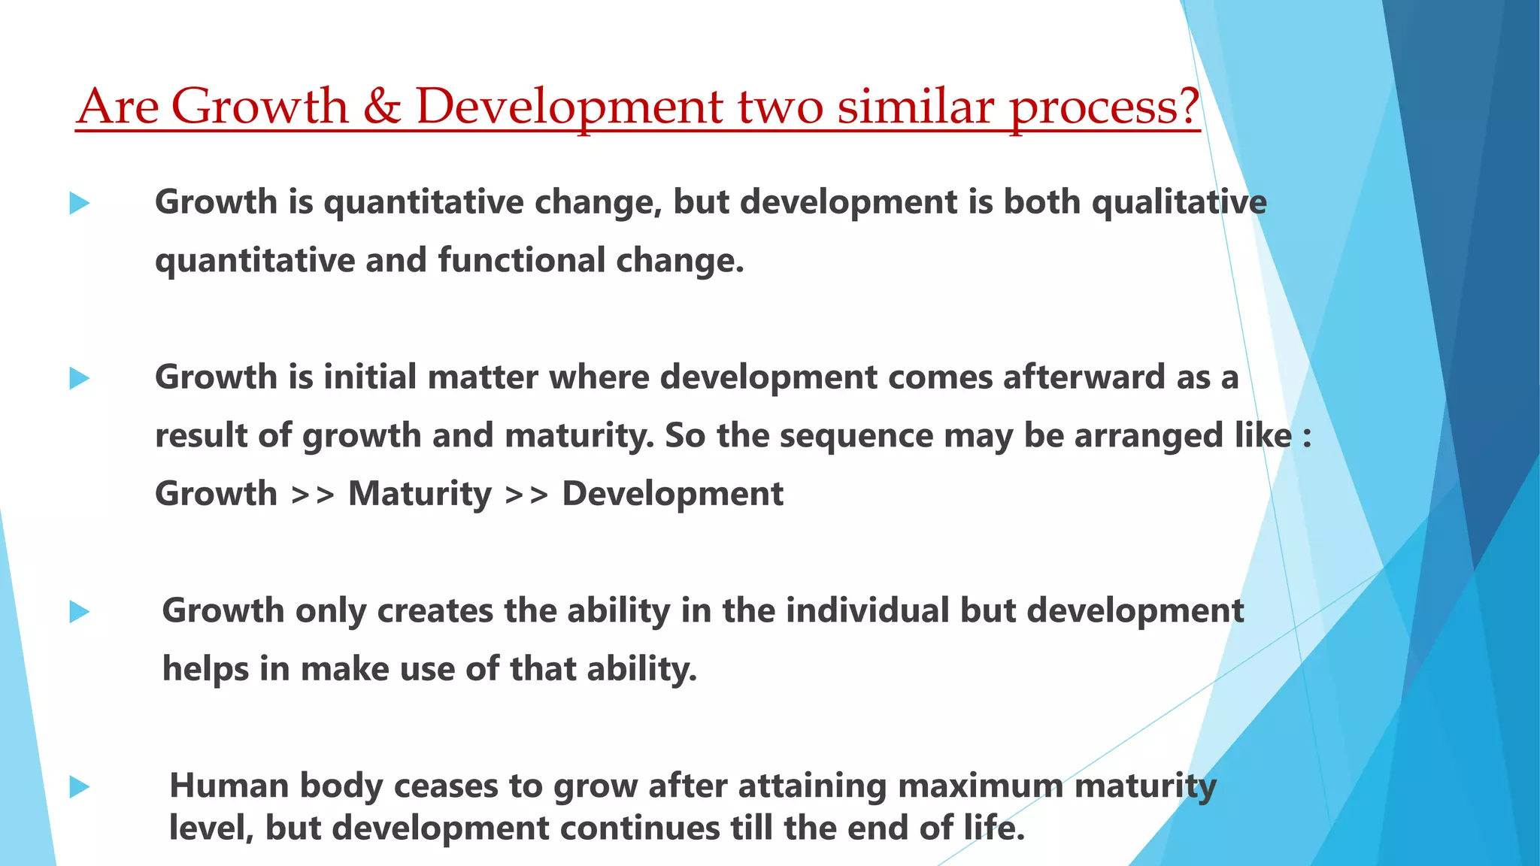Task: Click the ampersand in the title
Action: [382, 107]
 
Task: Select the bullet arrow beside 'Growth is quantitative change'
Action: [79, 203]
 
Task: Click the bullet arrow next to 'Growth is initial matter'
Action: [79, 378]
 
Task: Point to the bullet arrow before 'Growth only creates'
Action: [79, 612]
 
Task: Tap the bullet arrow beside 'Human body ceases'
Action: [79, 787]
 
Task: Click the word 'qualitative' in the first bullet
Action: [1178, 203]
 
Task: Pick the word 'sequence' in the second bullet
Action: [856, 436]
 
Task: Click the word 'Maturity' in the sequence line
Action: [420, 495]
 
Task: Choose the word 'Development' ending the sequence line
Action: [672, 495]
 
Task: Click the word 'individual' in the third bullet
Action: [867, 610]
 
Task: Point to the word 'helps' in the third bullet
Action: [205, 669]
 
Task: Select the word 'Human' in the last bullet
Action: [229, 786]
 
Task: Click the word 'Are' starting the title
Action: [117, 107]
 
